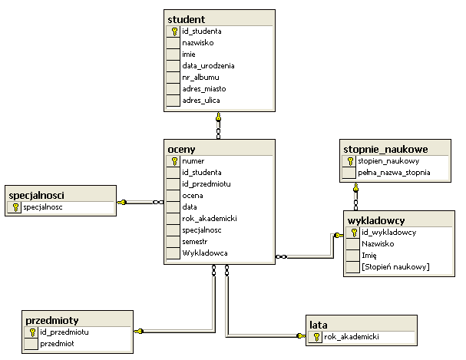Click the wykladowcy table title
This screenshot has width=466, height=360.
coord(377,219)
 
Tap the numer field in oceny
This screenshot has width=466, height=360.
coord(193,161)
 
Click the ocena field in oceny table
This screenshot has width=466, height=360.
coord(193,196)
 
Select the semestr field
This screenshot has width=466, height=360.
coord(196,241)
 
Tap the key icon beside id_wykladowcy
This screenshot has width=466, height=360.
coord(354,232)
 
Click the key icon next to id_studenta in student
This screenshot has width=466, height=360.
coord(174,31)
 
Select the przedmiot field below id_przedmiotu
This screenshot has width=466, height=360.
coord(57,344)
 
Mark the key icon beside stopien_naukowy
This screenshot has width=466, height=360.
coord(350,161)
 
